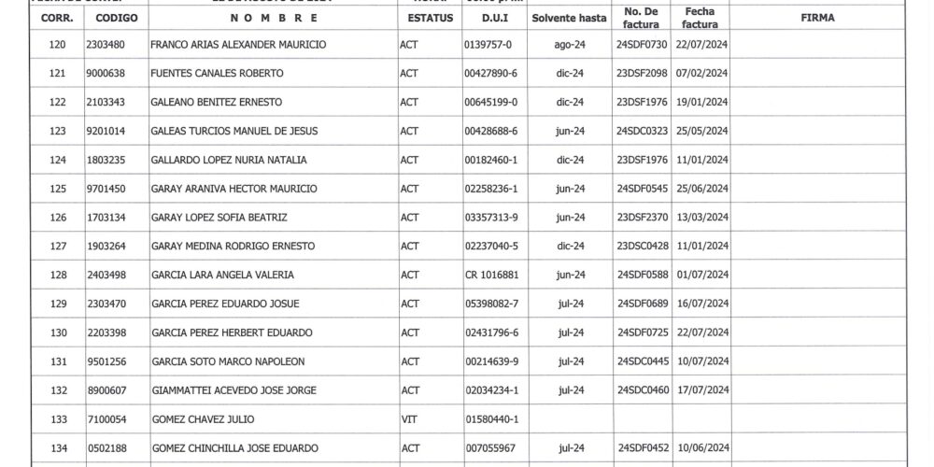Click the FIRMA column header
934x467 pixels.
pos(817,18)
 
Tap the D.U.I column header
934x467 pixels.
pos(494,18)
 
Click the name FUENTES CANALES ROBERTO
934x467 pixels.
pos(217,73)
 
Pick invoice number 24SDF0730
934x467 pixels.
pos(643,44)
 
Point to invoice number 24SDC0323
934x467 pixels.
pos(643,131)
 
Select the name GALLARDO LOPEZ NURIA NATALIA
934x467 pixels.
pos(228,160)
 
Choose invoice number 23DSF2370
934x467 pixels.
pos(643,218)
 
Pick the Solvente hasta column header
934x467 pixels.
pos(570,18)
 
